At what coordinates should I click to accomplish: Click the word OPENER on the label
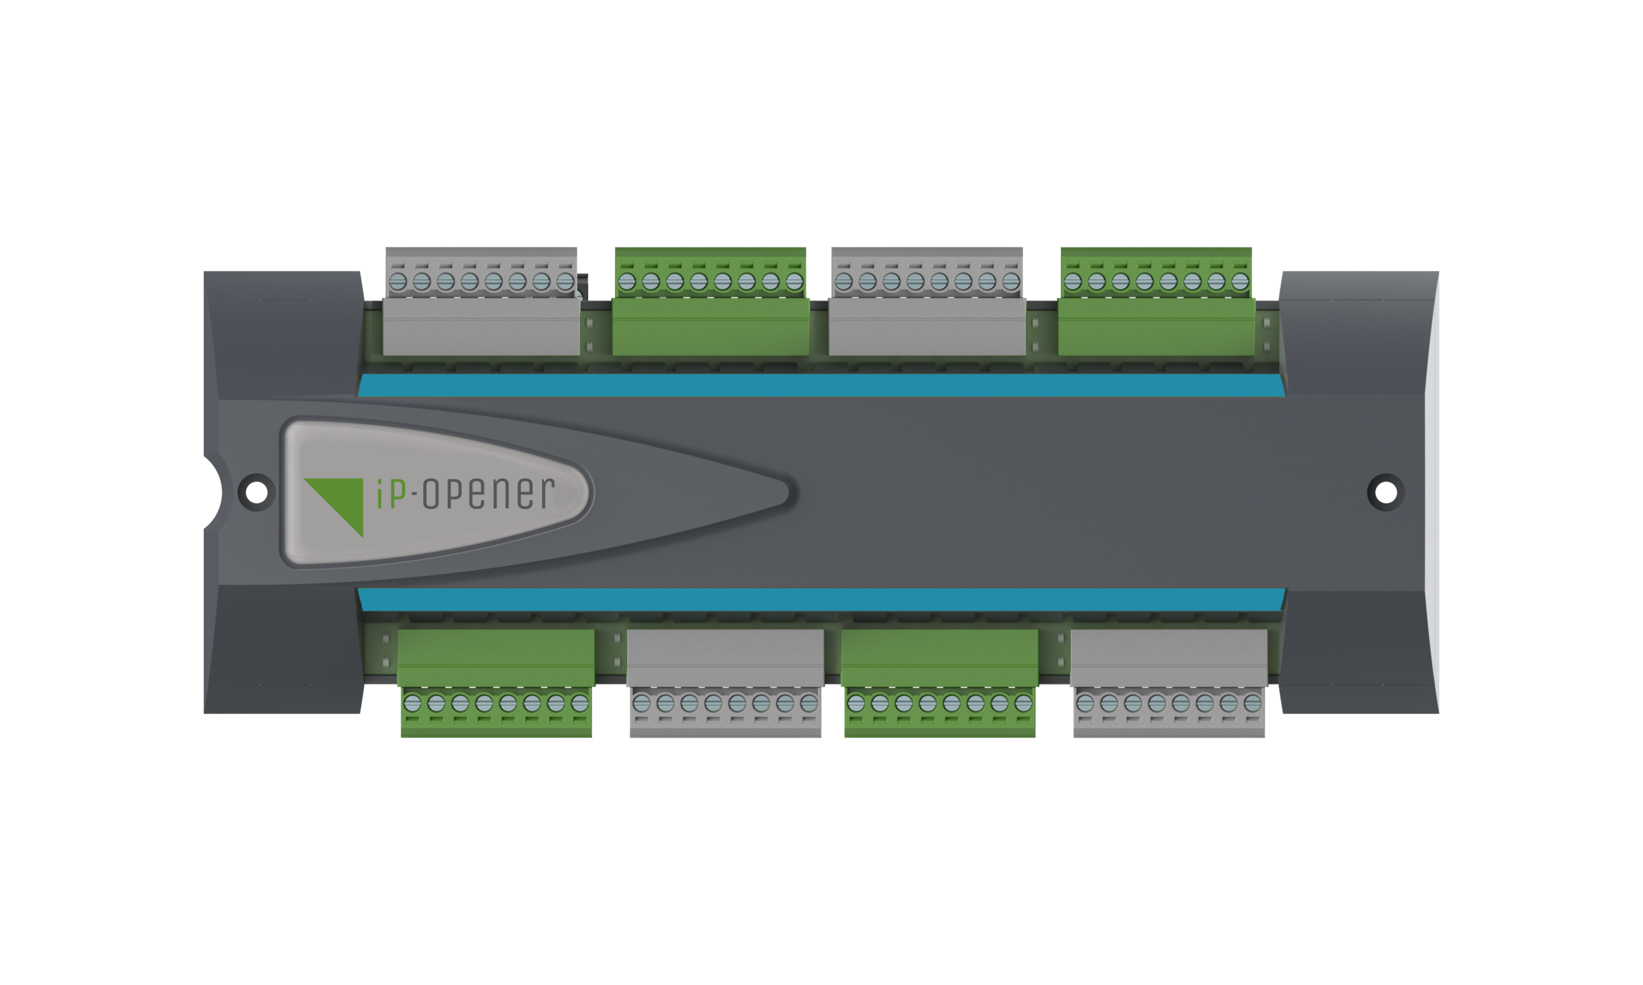pos(488,493)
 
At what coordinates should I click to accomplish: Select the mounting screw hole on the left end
pos(256,493)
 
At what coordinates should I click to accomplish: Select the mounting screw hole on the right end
pos(1386,493)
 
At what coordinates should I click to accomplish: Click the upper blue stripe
pos(821,385)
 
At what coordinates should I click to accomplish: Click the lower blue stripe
pos(821,599)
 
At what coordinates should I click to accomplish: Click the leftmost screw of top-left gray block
pos(397,281)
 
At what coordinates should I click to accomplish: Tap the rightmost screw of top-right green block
pos(1240,281)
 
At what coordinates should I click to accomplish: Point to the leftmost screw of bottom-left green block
pos(412,703)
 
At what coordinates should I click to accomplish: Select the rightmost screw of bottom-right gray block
pos(1253,703)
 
